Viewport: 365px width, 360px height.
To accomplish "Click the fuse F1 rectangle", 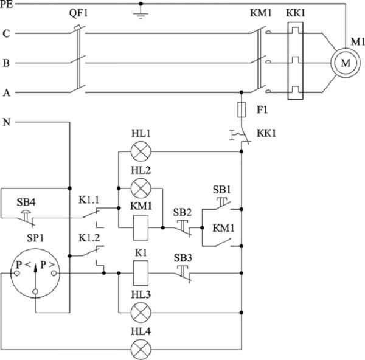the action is (242, 109).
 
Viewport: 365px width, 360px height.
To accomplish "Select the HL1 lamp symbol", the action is (141, 151).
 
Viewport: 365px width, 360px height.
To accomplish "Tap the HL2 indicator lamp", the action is (141, 189).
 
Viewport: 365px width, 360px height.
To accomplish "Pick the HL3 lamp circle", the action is (141, 313).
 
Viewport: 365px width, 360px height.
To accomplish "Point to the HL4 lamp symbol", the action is (141, 349).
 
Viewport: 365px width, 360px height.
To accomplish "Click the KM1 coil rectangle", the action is (141, 227).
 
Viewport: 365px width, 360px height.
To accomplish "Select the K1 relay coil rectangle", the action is (141, 273).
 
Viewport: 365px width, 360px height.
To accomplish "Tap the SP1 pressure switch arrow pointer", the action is (35, 277).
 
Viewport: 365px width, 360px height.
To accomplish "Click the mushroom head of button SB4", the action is (26, 212).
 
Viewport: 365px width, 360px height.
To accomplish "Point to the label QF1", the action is (78, 13).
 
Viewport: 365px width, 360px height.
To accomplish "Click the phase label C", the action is (6, 33).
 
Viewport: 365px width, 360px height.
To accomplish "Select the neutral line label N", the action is (7, 122).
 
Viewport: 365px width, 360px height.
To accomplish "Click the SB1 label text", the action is (221, 190).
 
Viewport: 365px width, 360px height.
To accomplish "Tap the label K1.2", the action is (89, 238).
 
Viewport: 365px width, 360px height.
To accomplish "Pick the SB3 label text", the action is (183, 258).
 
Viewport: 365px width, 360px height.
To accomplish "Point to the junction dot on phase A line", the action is (242, 92).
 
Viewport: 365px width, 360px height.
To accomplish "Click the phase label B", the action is (6, 63).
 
